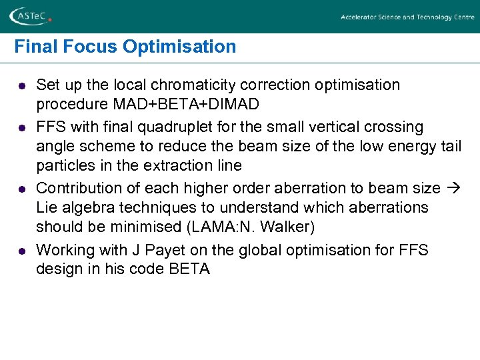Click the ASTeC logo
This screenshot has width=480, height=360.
pyautogui.click(x=30, y=17)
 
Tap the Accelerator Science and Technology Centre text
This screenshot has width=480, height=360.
pyautogui.click(x=407, y=17)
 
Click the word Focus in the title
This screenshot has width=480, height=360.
pyautogui.click(x=84, y=47)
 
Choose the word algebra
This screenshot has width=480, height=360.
pyautogui.click(x=85, y=208)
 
